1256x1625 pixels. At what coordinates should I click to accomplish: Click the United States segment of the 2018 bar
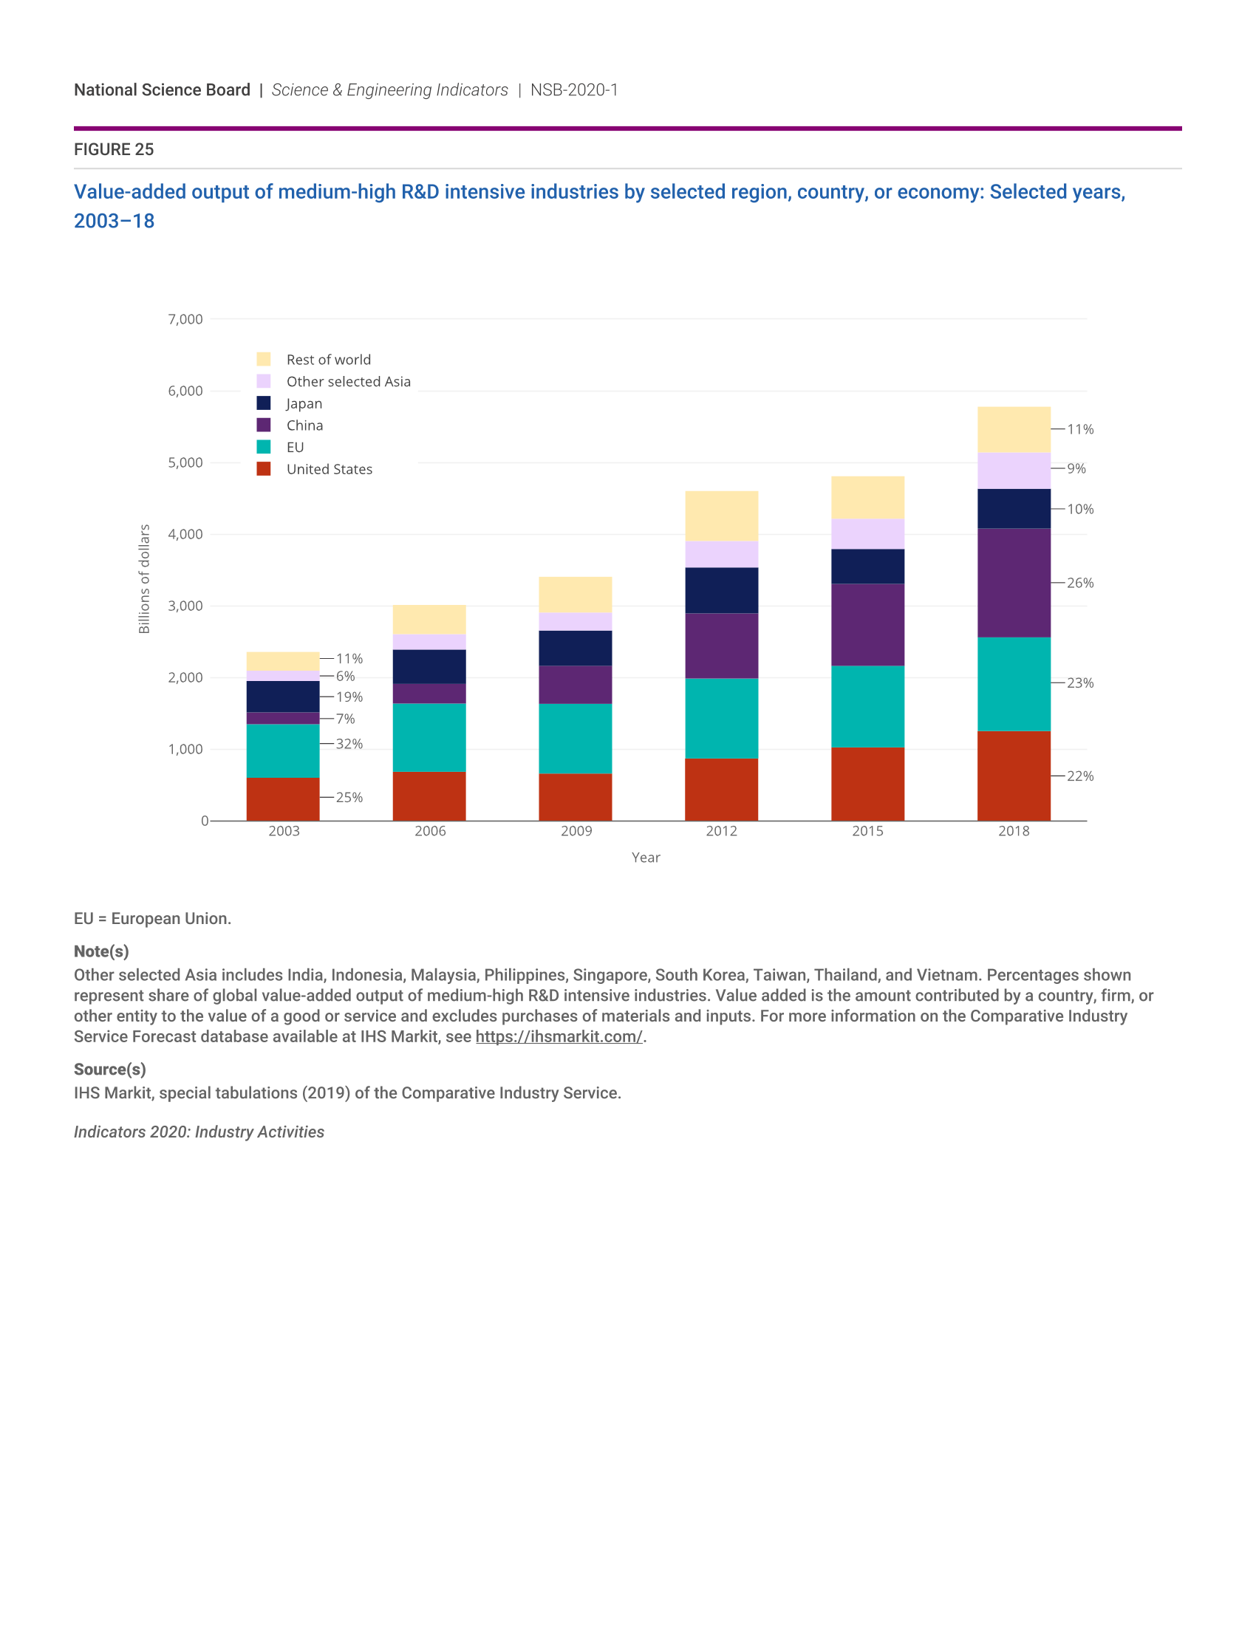(1014, 776)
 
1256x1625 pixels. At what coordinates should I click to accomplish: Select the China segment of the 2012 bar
(721, 645)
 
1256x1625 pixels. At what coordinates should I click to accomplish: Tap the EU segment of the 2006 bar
(429, 737)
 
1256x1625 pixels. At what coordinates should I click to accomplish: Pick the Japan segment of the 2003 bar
(283, 697)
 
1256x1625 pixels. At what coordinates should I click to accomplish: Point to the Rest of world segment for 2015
(867, 497)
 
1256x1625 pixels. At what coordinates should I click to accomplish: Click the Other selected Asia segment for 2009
(575, 621)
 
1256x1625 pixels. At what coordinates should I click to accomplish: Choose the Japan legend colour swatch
(264, 403)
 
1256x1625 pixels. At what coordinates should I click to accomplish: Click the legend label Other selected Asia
(348, 382)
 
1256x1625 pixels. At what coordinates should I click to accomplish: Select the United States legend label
(329, 470)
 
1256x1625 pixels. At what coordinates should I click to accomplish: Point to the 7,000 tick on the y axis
(185, 319)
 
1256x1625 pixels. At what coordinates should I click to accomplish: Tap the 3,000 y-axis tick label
(185, 606)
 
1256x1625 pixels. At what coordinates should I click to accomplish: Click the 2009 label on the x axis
(576, 831)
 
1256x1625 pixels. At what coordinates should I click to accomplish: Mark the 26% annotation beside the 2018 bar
(1079, 583)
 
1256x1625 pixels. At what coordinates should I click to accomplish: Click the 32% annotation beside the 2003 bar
(349, 744)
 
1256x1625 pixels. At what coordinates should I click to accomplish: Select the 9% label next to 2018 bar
(1076, 469)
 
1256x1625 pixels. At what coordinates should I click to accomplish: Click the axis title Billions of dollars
(144, 579)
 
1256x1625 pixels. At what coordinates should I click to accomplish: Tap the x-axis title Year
(646, 858)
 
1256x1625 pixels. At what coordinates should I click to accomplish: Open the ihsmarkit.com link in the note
(559, 1036)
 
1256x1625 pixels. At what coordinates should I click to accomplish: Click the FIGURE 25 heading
(114, 149)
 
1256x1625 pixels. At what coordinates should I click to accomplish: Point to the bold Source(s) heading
(109, 1070)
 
